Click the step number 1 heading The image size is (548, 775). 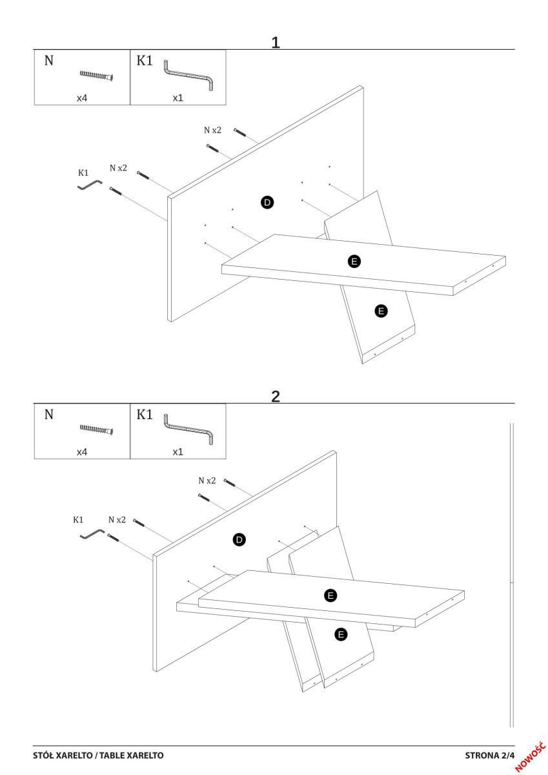tap(275, 43)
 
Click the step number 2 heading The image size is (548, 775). tap(275, 397)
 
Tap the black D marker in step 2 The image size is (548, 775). tap(239, 539)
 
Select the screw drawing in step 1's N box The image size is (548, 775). tap(97, 76)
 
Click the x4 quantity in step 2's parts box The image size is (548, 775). tap(82, 452)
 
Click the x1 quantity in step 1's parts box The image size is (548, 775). tap(178, 98)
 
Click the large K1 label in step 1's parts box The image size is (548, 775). tap(145, 61)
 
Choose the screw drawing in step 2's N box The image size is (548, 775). tap(97, 429)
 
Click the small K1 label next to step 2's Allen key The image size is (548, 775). tap(78, 519)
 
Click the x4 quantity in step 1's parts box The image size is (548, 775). tap(82, 98)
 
